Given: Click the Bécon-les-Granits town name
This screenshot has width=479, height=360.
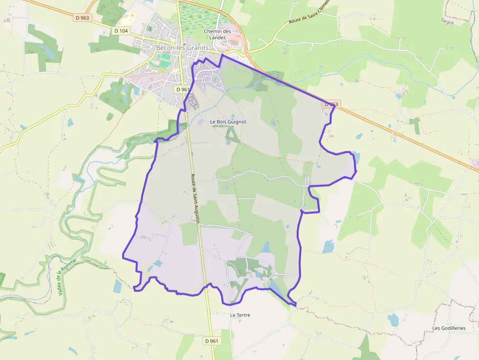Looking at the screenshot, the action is pyautogui.click(x=182, y=48).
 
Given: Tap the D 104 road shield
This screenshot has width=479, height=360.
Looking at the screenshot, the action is pyautogui.click(x=121, y=31).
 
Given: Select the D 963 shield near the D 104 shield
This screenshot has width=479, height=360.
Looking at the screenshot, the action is pyautogui.click(x=83, y=18).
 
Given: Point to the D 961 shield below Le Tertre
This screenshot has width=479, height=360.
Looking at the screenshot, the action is pyautogui.click(x=212, y=340).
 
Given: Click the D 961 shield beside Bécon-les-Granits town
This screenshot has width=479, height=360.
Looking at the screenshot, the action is pyautogui.click(x=182, y=89).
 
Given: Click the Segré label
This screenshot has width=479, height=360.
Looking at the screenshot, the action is pyautogui.click(x=447, y=21).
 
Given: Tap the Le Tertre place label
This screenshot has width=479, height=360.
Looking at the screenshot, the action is pyautogui.click(x=240, y=315).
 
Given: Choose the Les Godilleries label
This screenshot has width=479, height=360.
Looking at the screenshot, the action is pyautogui.click(x=449, y=328).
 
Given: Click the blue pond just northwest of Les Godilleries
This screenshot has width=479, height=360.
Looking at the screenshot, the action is pyautogui.click(x=393, y=320).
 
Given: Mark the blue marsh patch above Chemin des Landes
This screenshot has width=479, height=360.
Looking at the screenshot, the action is pyautogui.click(x=197, y=17).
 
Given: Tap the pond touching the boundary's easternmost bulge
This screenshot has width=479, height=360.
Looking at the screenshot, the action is pyautogui.click(x=355, y=158).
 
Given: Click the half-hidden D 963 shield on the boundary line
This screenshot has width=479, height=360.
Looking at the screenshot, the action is pyautogui.click(x=331, y=104).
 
